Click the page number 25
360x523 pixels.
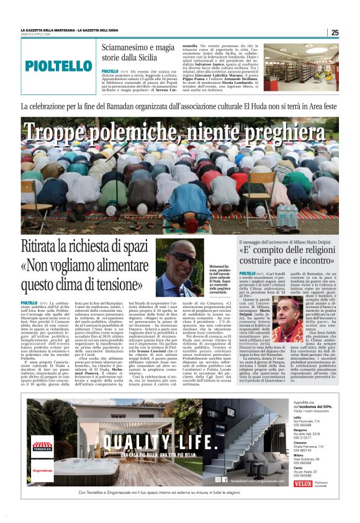tap(335, 33)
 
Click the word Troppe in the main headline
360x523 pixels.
tap(61, 132)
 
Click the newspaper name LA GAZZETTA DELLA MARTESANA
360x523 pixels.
tap(50, 30)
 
